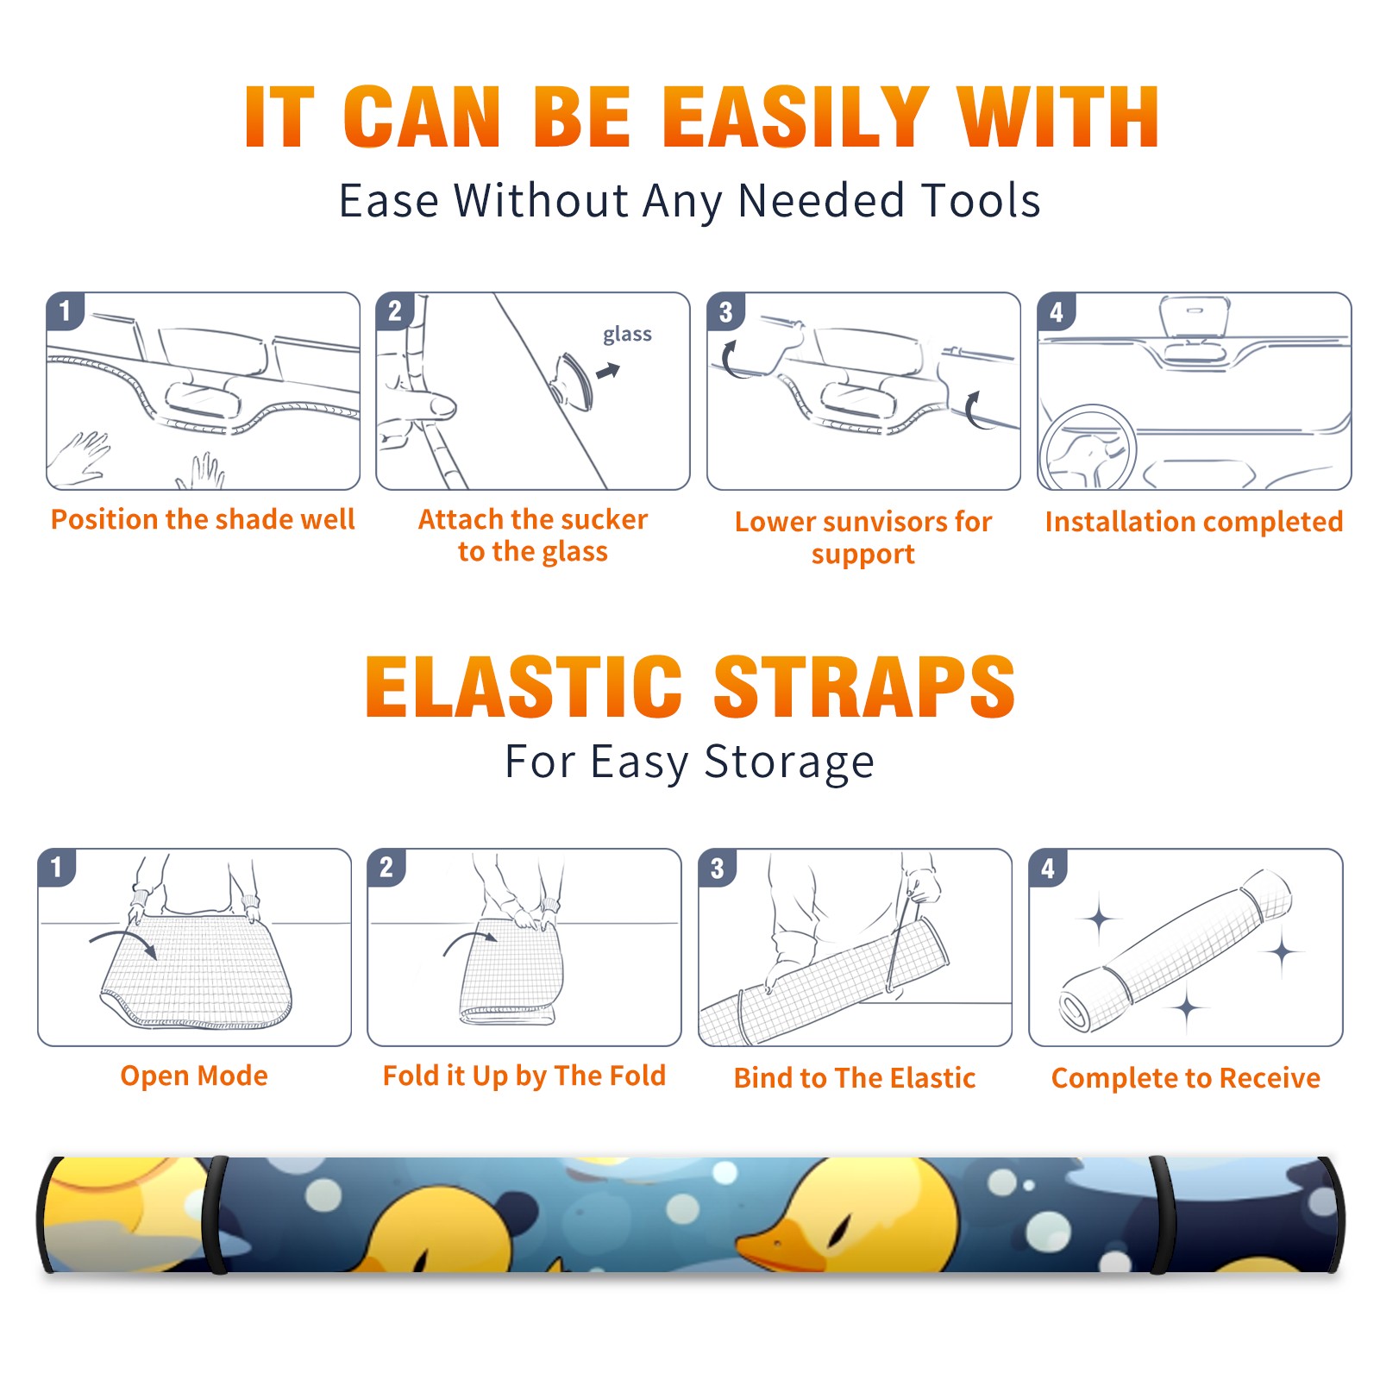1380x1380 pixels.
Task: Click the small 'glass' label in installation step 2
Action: click(627, 335)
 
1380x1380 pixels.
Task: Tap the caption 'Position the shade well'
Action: click(203, 519)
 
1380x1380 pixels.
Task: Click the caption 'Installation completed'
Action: click(1194, 522)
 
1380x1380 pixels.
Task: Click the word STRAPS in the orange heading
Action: click(864, 687)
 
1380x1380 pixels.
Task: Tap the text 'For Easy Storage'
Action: click(690, 762)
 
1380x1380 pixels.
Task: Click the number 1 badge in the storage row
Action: click(57, 867)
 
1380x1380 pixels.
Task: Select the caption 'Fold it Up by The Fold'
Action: click(524, 1076)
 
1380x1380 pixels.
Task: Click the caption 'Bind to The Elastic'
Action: click(855, 1078)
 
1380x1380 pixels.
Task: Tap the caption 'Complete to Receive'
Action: click(1186, 1078)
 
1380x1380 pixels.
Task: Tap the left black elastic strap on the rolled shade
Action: click(216, 1214)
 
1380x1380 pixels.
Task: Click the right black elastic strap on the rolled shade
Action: click(1161, 1214)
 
